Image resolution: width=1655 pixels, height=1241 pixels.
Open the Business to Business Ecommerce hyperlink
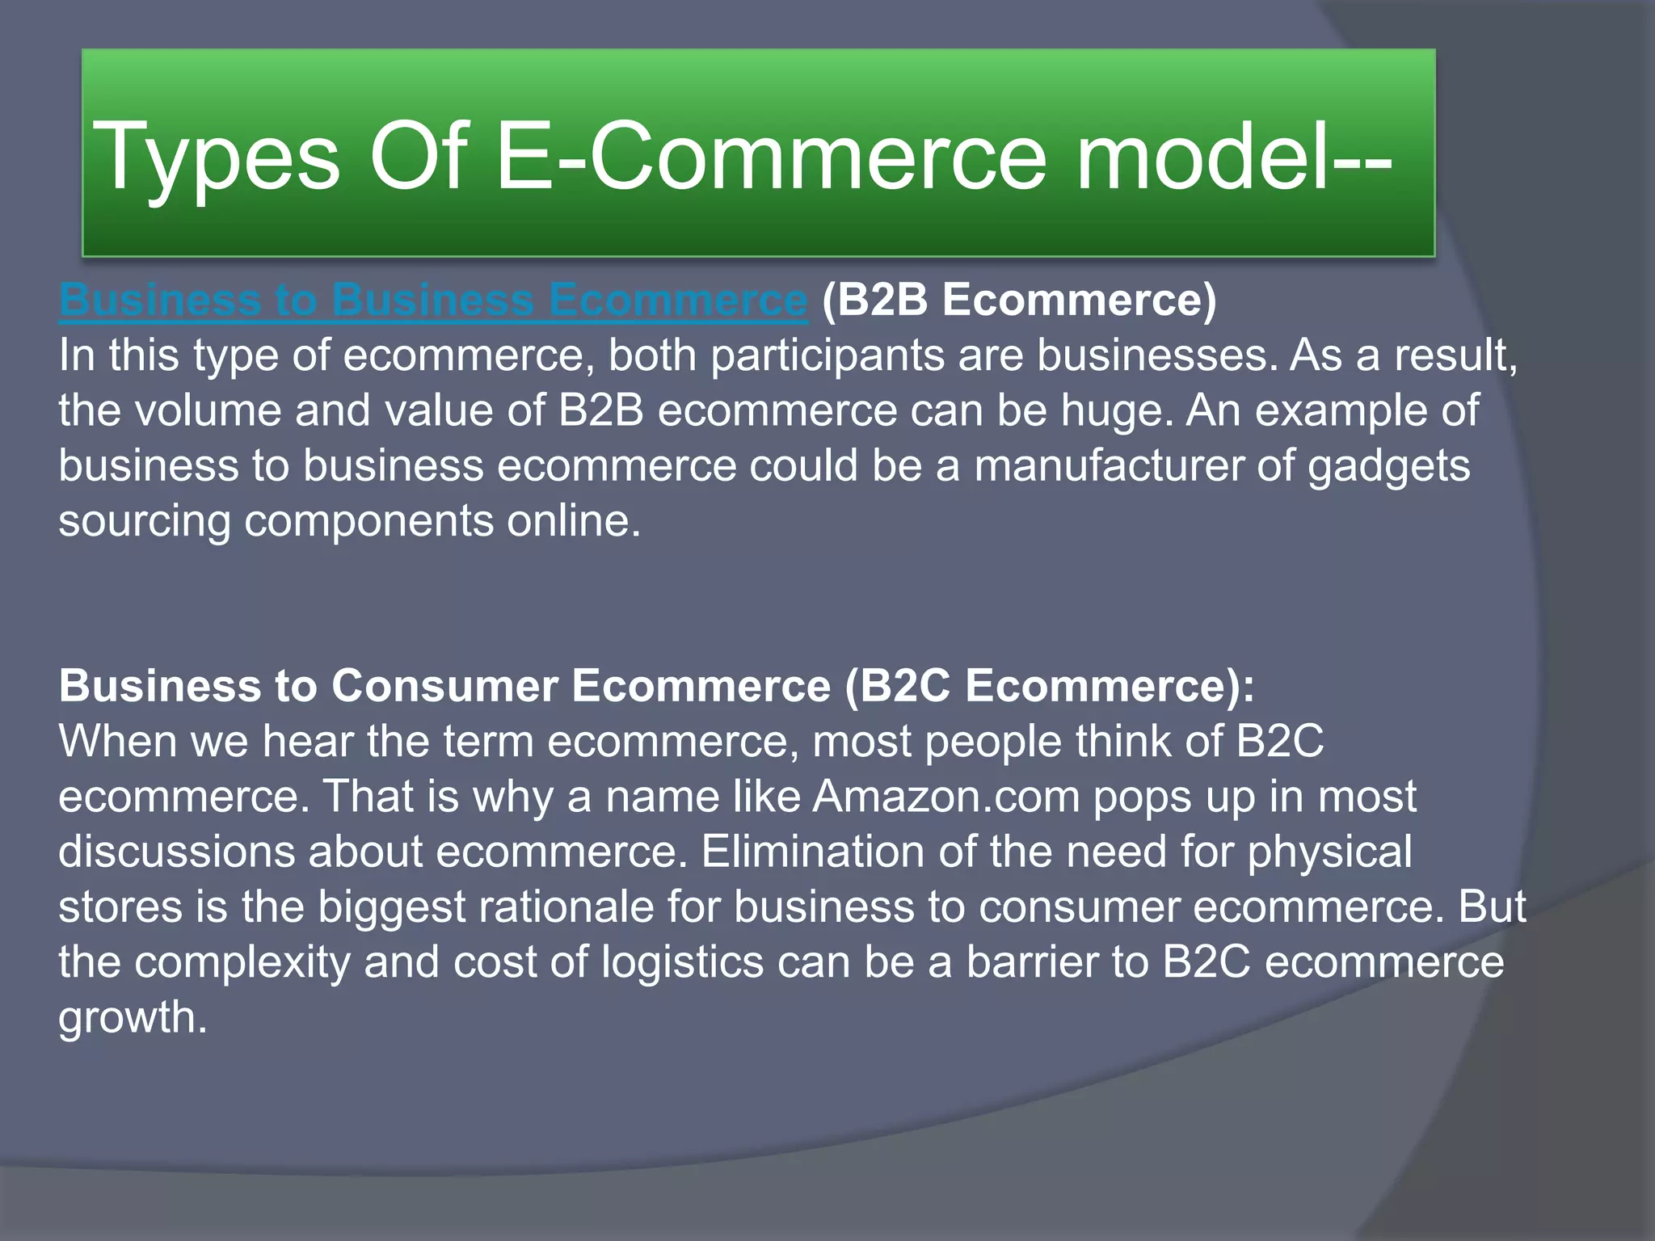[x=433, y=300]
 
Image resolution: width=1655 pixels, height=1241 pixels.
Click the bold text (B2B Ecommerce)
[x=1018, y=300]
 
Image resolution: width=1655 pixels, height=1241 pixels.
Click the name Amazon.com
[x=946, y=797]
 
